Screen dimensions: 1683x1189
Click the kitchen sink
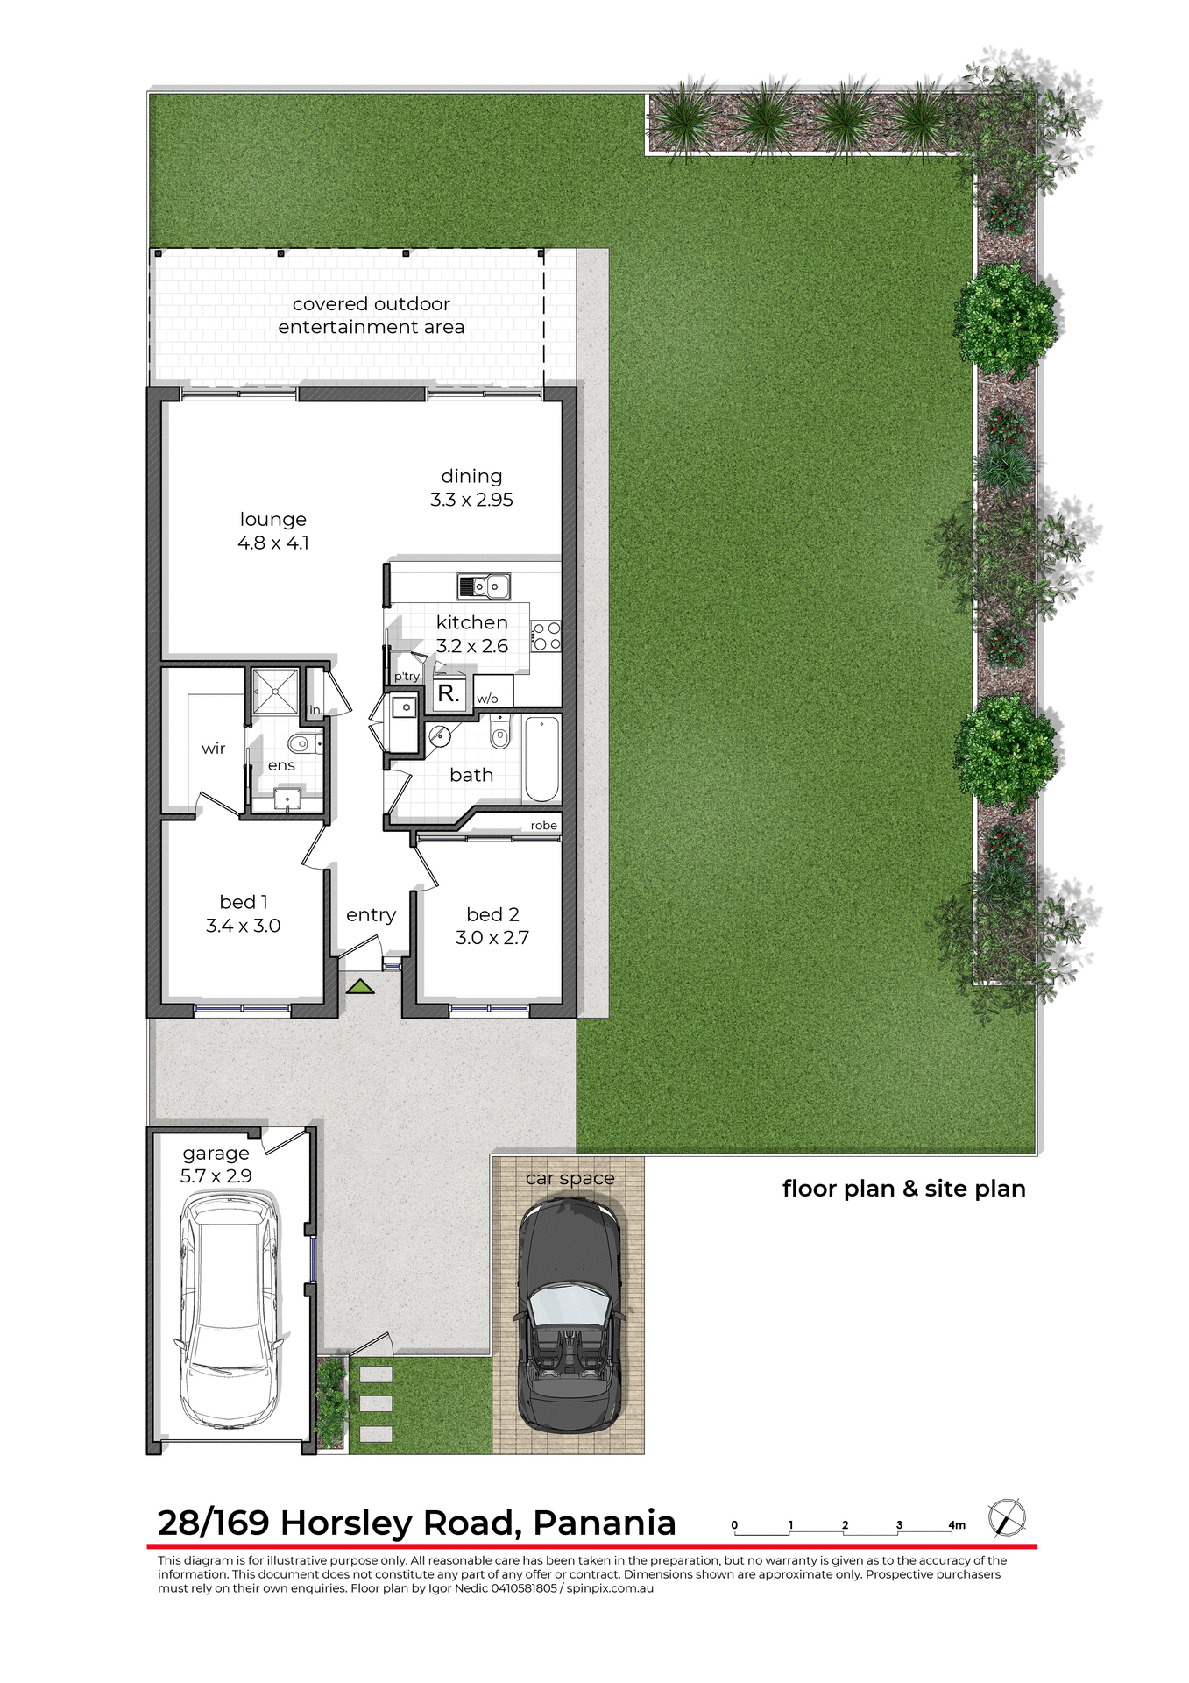484,585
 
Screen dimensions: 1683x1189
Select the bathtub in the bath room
541,759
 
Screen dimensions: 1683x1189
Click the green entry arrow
360,987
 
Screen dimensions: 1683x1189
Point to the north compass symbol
1007,1518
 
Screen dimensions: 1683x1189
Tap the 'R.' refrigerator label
449,694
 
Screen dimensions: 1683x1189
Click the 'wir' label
214,749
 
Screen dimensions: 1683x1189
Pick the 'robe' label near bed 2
543,826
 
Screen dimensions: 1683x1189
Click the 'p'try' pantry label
407,677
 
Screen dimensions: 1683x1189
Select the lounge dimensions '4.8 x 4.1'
272,543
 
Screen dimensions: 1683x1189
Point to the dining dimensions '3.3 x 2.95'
471,500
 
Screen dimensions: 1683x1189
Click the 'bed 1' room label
244,902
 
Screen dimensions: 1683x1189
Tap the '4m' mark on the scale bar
956,1525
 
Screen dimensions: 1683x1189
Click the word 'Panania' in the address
605,1523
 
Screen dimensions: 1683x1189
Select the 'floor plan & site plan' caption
903,1189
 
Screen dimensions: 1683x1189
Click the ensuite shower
275,692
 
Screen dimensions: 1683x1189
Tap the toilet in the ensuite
301,745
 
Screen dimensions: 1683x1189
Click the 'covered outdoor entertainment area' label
372,316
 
